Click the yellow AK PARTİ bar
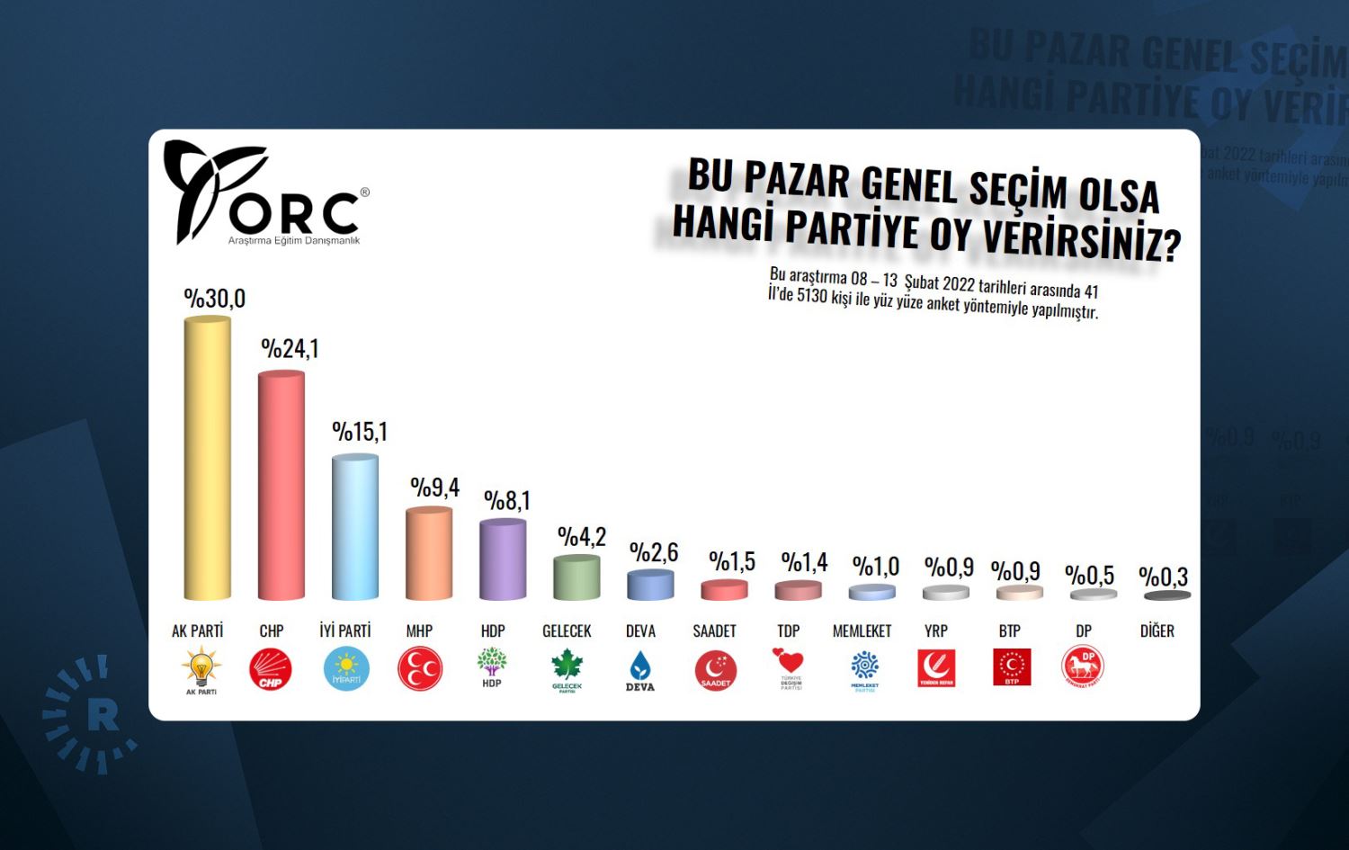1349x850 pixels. click(207, 459)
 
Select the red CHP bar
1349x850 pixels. click(281, 486)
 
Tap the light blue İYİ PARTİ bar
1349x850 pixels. click(354, 528)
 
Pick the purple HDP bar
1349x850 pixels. click(502, 559)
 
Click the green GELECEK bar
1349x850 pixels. click(576, 577)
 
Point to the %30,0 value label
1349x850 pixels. click(214, 299)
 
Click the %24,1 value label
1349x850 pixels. click(290, 349)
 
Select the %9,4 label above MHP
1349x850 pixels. click(434, 488)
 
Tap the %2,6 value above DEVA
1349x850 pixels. click(654, 552)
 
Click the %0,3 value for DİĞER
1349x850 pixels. click(1163, 577)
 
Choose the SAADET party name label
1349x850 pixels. click(714, 631)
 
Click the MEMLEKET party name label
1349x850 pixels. click(862, 631)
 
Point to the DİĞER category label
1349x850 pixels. click(1157, 631)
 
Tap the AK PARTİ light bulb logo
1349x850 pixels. click(201, 669)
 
